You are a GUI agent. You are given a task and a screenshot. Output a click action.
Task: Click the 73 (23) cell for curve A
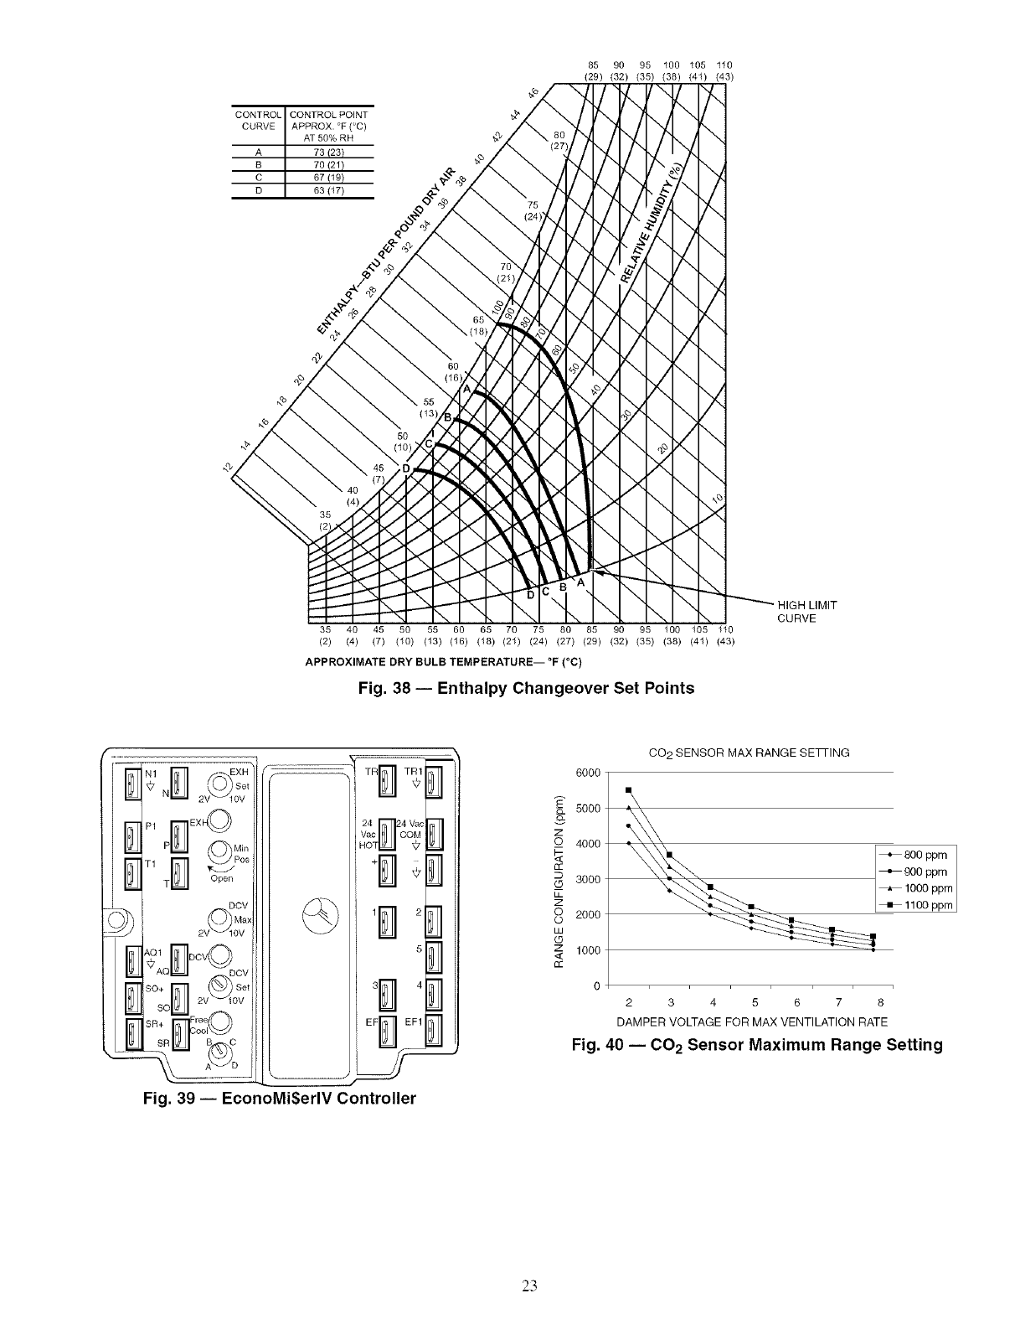(317, 152)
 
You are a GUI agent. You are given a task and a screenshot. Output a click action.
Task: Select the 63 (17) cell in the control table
(317, 190)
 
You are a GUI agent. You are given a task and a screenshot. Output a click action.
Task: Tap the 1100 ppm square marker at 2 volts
(628, 790)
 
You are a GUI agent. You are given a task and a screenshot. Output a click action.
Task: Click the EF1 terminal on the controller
(433, 1031)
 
